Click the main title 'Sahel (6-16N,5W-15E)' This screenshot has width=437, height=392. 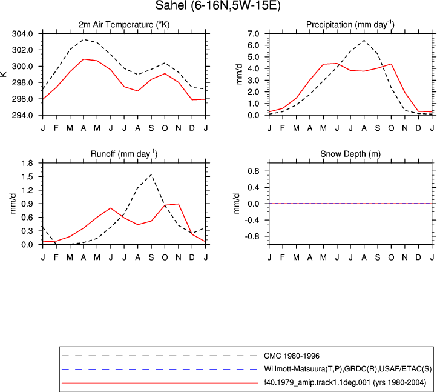(218, 5)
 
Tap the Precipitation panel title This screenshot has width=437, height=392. (350, 25)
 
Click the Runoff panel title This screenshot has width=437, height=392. (124, 154)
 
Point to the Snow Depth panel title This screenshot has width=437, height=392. (350, 154)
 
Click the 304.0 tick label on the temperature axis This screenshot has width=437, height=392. (22, 34)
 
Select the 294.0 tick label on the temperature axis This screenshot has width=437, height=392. (22, 115)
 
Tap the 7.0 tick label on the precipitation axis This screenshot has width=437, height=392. (254, 34)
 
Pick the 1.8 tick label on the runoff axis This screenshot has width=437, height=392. (27, 163)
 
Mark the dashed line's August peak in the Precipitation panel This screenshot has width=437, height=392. (364, 40)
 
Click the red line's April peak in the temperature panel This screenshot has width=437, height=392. (84, 59)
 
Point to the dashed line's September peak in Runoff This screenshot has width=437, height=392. (151, 174)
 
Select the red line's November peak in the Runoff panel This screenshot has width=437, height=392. (179, 204)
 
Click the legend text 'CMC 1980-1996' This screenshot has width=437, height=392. (292, 356)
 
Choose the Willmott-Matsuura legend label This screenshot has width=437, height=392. (348, 369)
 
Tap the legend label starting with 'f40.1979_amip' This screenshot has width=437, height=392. (345, 382)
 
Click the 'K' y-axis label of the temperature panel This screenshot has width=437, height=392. (4, 74)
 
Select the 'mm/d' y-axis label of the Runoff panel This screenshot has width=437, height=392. (13, 204)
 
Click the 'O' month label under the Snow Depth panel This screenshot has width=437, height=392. (391, 257)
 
